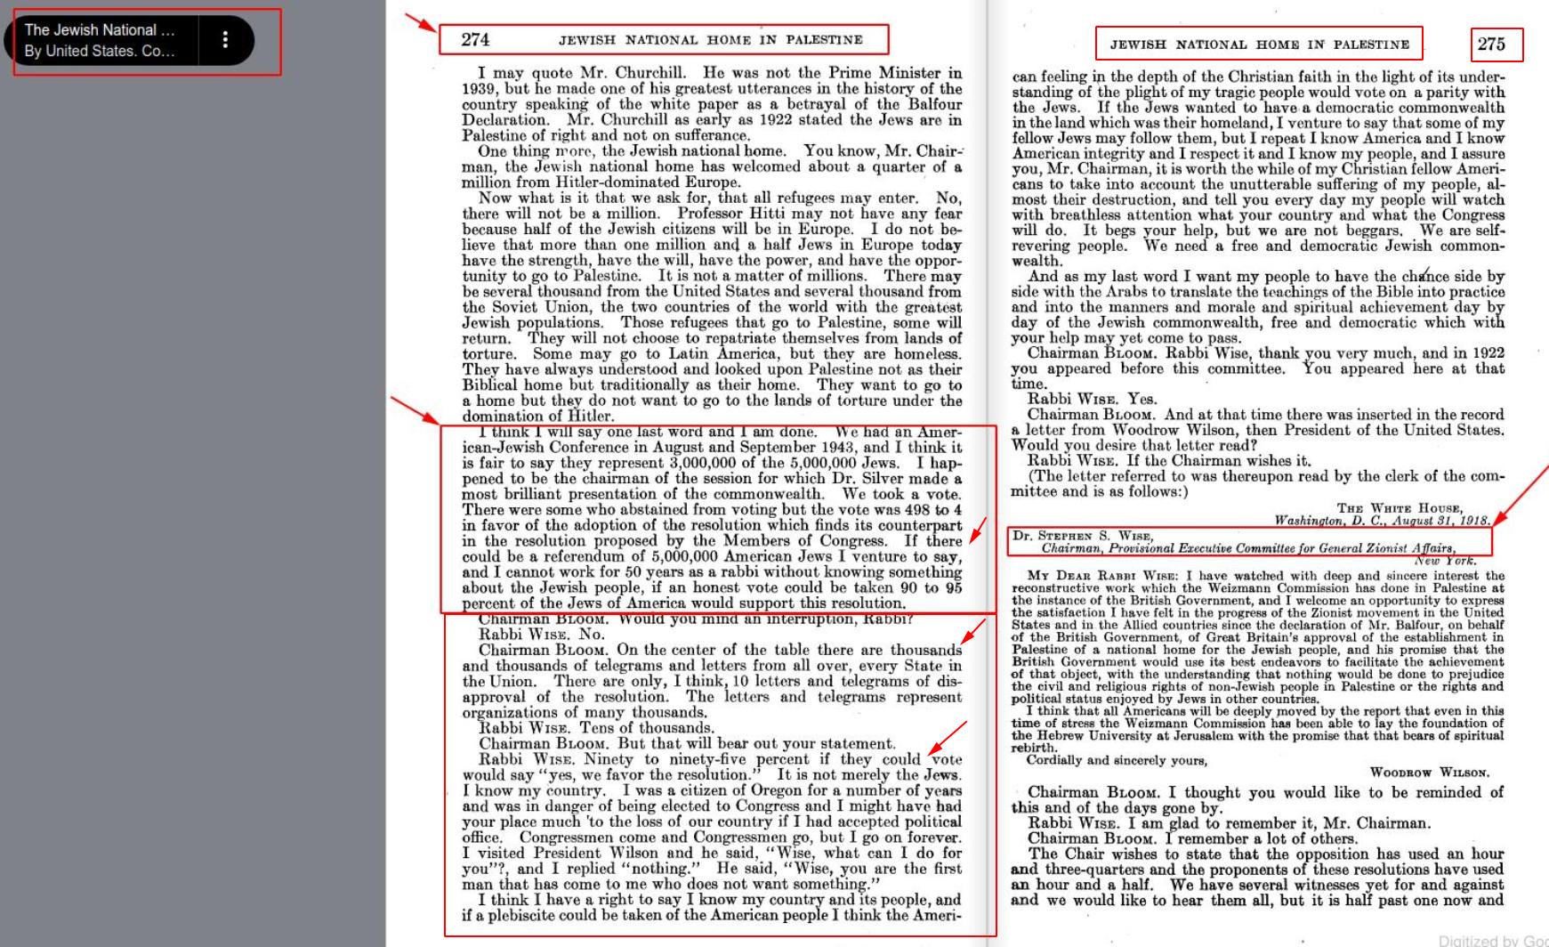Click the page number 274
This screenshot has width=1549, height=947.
(x=475, y=40)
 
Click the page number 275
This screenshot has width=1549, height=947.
(x=1491, y=45)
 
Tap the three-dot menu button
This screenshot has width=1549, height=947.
(x=225, y=40)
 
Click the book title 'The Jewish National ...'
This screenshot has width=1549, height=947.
(x=100, y=30)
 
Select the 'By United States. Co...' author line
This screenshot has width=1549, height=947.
(x=100, y=51)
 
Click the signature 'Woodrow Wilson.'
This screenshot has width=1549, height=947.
(x=1429, y=773)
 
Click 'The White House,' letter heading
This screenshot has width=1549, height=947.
(x=1400, y=508)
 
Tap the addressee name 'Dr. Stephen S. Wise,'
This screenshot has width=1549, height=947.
(x=1083, y=536)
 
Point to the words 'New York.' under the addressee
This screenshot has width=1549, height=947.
(x=1445, y=561)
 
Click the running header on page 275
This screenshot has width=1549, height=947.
(x=1259, y=45)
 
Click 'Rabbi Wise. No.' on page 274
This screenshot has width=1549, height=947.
(x=541, y=635)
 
